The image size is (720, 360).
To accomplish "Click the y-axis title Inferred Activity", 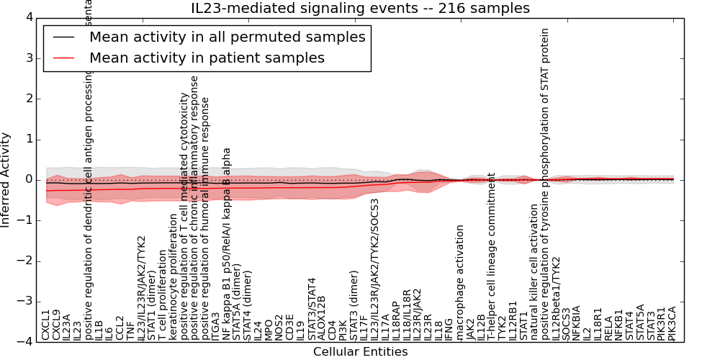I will pyautogui.click(x=6, y=179).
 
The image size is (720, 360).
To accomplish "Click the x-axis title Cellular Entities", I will pyautogui.click(x=360, y=352).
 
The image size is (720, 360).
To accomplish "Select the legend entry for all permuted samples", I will pyautogui.click(x=227, y=37).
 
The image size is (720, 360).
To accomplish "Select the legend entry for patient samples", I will pyautogui.click(x=207, y=58).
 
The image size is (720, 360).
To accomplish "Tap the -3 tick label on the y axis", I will pyautogui.click(x=25, y=302).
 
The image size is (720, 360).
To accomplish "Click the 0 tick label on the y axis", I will pyautogui.click(x=28, y=179).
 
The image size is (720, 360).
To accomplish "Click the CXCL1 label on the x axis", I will pyautogui.click(x=45, y=325).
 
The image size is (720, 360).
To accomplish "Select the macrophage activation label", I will pyautogui.click(x=460, y=282).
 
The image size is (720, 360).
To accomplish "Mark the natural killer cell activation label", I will pyautogui.click(x=534, y=271).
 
